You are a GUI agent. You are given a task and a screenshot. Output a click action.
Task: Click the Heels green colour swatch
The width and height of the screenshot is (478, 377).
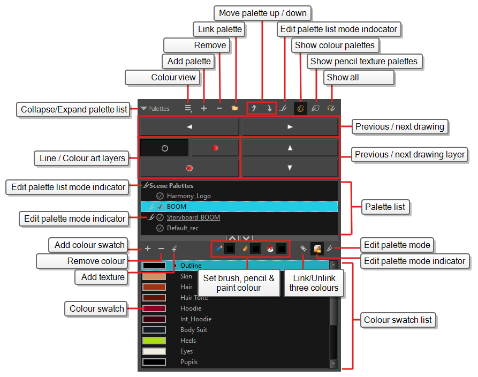[154, 341]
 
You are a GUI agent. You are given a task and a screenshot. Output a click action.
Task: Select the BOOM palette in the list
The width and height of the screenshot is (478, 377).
[177, 207]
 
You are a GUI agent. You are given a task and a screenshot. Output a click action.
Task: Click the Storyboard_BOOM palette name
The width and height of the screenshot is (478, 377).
[193, 217]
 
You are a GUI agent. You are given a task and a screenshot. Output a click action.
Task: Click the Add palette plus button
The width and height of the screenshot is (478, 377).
[204, 108]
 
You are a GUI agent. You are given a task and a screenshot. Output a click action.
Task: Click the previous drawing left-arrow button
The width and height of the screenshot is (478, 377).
[189, 127]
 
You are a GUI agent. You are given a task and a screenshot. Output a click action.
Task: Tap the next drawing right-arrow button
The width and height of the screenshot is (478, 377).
[290, 127]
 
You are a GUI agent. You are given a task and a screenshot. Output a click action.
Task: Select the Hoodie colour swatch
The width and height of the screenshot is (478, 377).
[154, 308]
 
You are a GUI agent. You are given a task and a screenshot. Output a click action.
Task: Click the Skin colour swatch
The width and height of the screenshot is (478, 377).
[154, 276]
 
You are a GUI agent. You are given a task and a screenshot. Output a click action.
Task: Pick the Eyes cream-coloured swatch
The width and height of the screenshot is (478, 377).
[154, 351]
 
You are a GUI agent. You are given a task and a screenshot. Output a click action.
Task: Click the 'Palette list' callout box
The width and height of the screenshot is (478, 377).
[385, 207]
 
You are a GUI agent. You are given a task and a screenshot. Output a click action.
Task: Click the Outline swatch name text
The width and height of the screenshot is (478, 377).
[191, 266]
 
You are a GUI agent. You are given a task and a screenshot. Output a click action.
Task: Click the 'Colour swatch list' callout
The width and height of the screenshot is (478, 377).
[398, 320]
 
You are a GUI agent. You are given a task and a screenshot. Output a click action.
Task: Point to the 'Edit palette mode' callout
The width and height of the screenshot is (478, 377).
[397, 245]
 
